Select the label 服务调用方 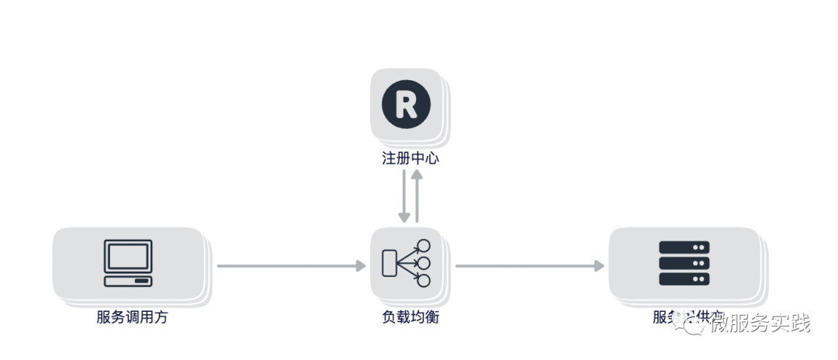tap(132, 317)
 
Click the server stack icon tap(684, 264)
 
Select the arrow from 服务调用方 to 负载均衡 tap(291, 266)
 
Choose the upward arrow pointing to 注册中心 tap(417, 197)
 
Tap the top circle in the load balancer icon tap(424, 246)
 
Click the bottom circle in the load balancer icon tap(424, 279)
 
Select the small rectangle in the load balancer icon tap(390, 263)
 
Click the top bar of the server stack tap(684, 247)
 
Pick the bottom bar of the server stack tap(684, 280)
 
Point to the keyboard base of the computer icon tap(129, 280)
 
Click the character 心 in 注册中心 tap(432, 159)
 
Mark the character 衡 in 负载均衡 tap(432, 317)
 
